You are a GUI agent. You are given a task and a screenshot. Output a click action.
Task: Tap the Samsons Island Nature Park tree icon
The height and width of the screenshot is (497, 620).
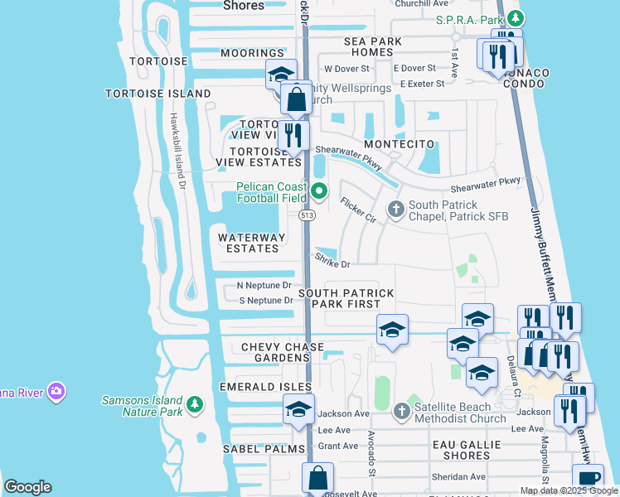pyautogui.click(x=195, y=404)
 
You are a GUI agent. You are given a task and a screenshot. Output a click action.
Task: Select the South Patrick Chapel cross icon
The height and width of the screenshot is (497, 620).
pyautogui.click(x=395, y=209)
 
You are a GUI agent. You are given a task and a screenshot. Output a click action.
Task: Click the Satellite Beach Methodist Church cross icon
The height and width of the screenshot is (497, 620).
pyautogui.click(x=401, y=411)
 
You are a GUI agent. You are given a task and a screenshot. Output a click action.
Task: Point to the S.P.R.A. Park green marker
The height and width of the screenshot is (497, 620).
pyautogui.click(x=516, y=17)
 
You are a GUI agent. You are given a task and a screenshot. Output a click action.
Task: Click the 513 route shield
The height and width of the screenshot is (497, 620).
pyautogui.click(x=307, y=215)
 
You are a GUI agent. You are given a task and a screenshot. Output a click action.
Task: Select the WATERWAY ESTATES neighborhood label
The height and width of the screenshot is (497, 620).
pyautogui.click(x=252, y=243)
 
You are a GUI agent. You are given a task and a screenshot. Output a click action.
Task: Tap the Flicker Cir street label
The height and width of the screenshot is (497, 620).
pyautogui.click(x=359, y=210)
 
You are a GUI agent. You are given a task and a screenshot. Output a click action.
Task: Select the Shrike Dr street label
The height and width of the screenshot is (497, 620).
pyautogui.click(x=332, y=261)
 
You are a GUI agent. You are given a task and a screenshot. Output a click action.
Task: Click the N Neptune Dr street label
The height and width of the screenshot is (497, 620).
pyautogui.click(x=264, y=285)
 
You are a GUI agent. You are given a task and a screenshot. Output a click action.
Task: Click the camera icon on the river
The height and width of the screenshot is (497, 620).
pyautogui.click(x=56, y=390)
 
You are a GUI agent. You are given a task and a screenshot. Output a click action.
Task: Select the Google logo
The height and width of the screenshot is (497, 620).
pyautogui.click(x=27, y=487)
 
